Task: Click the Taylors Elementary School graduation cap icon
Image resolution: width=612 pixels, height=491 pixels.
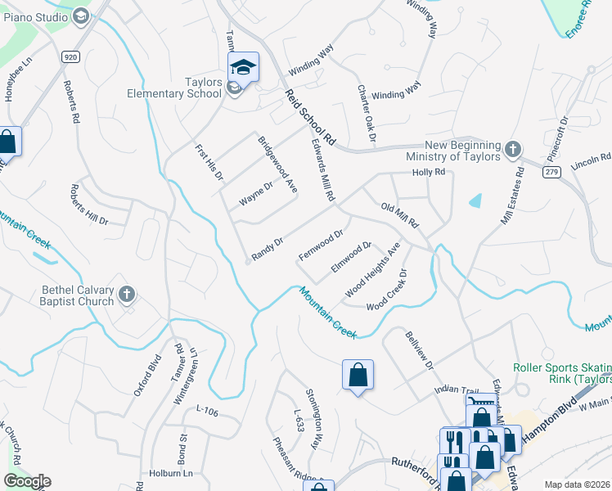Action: click(243, 67)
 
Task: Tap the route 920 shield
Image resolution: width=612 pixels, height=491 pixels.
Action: click(70, 56)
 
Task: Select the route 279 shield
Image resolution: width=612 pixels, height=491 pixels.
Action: click(551, 170)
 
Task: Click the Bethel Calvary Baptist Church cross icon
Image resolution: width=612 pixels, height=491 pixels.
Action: click(126, 293)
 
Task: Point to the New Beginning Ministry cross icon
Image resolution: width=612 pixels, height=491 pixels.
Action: click(512, 149)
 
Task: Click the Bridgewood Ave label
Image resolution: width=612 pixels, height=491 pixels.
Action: click(277, 164)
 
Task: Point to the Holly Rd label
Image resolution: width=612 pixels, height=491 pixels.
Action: click(429, 173)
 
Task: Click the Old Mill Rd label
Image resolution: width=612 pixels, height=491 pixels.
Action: click(400, 215)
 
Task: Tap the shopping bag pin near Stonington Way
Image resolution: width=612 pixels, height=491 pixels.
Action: click(358, 375)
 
